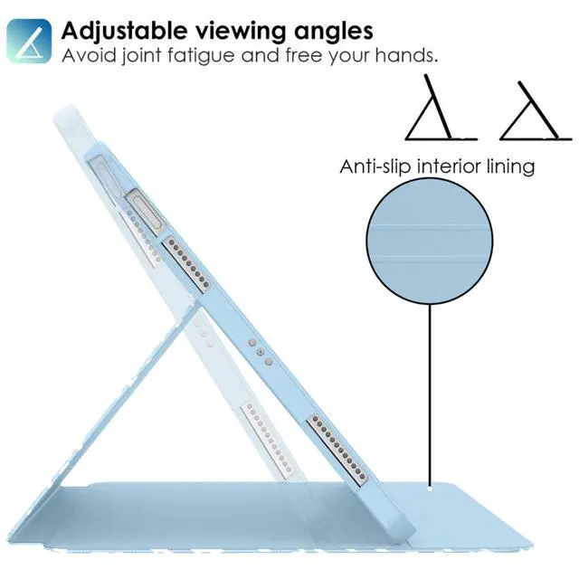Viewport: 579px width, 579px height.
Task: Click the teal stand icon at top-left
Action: coord(29,40)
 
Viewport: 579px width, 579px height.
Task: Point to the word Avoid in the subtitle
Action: coord(88,56)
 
